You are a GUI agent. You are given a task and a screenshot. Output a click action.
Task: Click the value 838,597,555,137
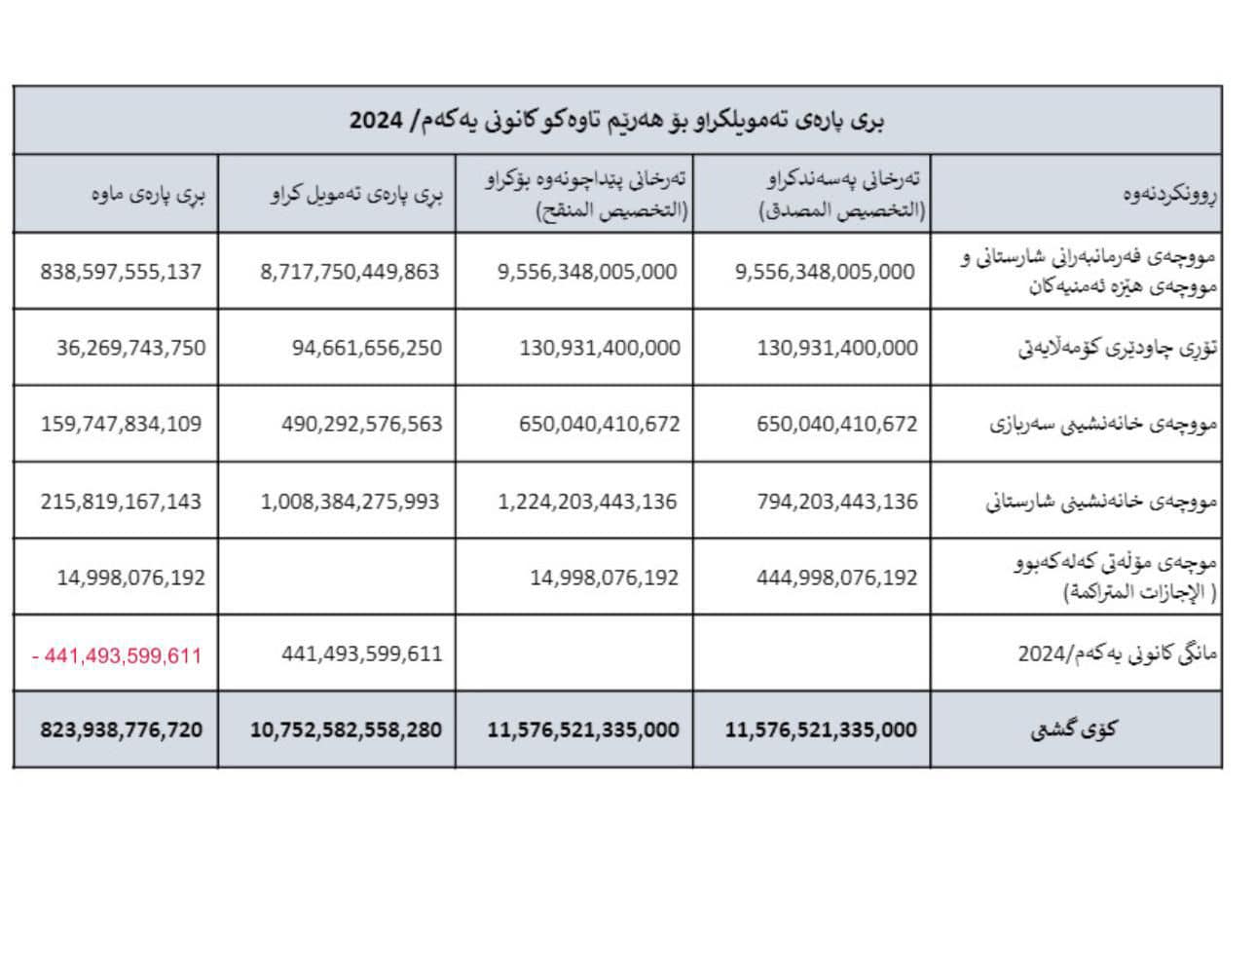[121, 272]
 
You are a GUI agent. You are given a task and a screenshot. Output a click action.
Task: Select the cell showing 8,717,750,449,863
[350, 272]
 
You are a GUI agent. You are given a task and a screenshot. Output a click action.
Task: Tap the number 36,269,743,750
[130, 348]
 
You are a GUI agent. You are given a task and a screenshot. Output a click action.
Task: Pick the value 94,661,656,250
[366, 348]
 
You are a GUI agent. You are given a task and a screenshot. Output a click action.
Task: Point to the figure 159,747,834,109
[121, 424]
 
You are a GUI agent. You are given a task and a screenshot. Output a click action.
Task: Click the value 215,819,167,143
[121, 502]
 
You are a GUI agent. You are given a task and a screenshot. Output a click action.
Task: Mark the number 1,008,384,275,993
[350, 502]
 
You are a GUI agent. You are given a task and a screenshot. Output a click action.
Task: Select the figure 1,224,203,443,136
[587, 502]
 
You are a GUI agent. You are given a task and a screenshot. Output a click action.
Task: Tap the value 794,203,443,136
[837, 502]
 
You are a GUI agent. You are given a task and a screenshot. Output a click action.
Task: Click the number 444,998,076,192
[837, 578]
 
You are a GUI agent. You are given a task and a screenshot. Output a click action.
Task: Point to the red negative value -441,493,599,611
[117, 655]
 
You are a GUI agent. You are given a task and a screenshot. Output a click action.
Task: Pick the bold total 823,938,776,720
[122, 729]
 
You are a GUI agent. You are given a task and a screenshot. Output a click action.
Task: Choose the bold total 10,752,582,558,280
[346, 729]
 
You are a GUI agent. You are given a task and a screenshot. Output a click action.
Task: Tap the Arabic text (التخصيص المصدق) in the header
[842, 210]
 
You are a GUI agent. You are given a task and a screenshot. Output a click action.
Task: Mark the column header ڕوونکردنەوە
[1169, 194]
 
